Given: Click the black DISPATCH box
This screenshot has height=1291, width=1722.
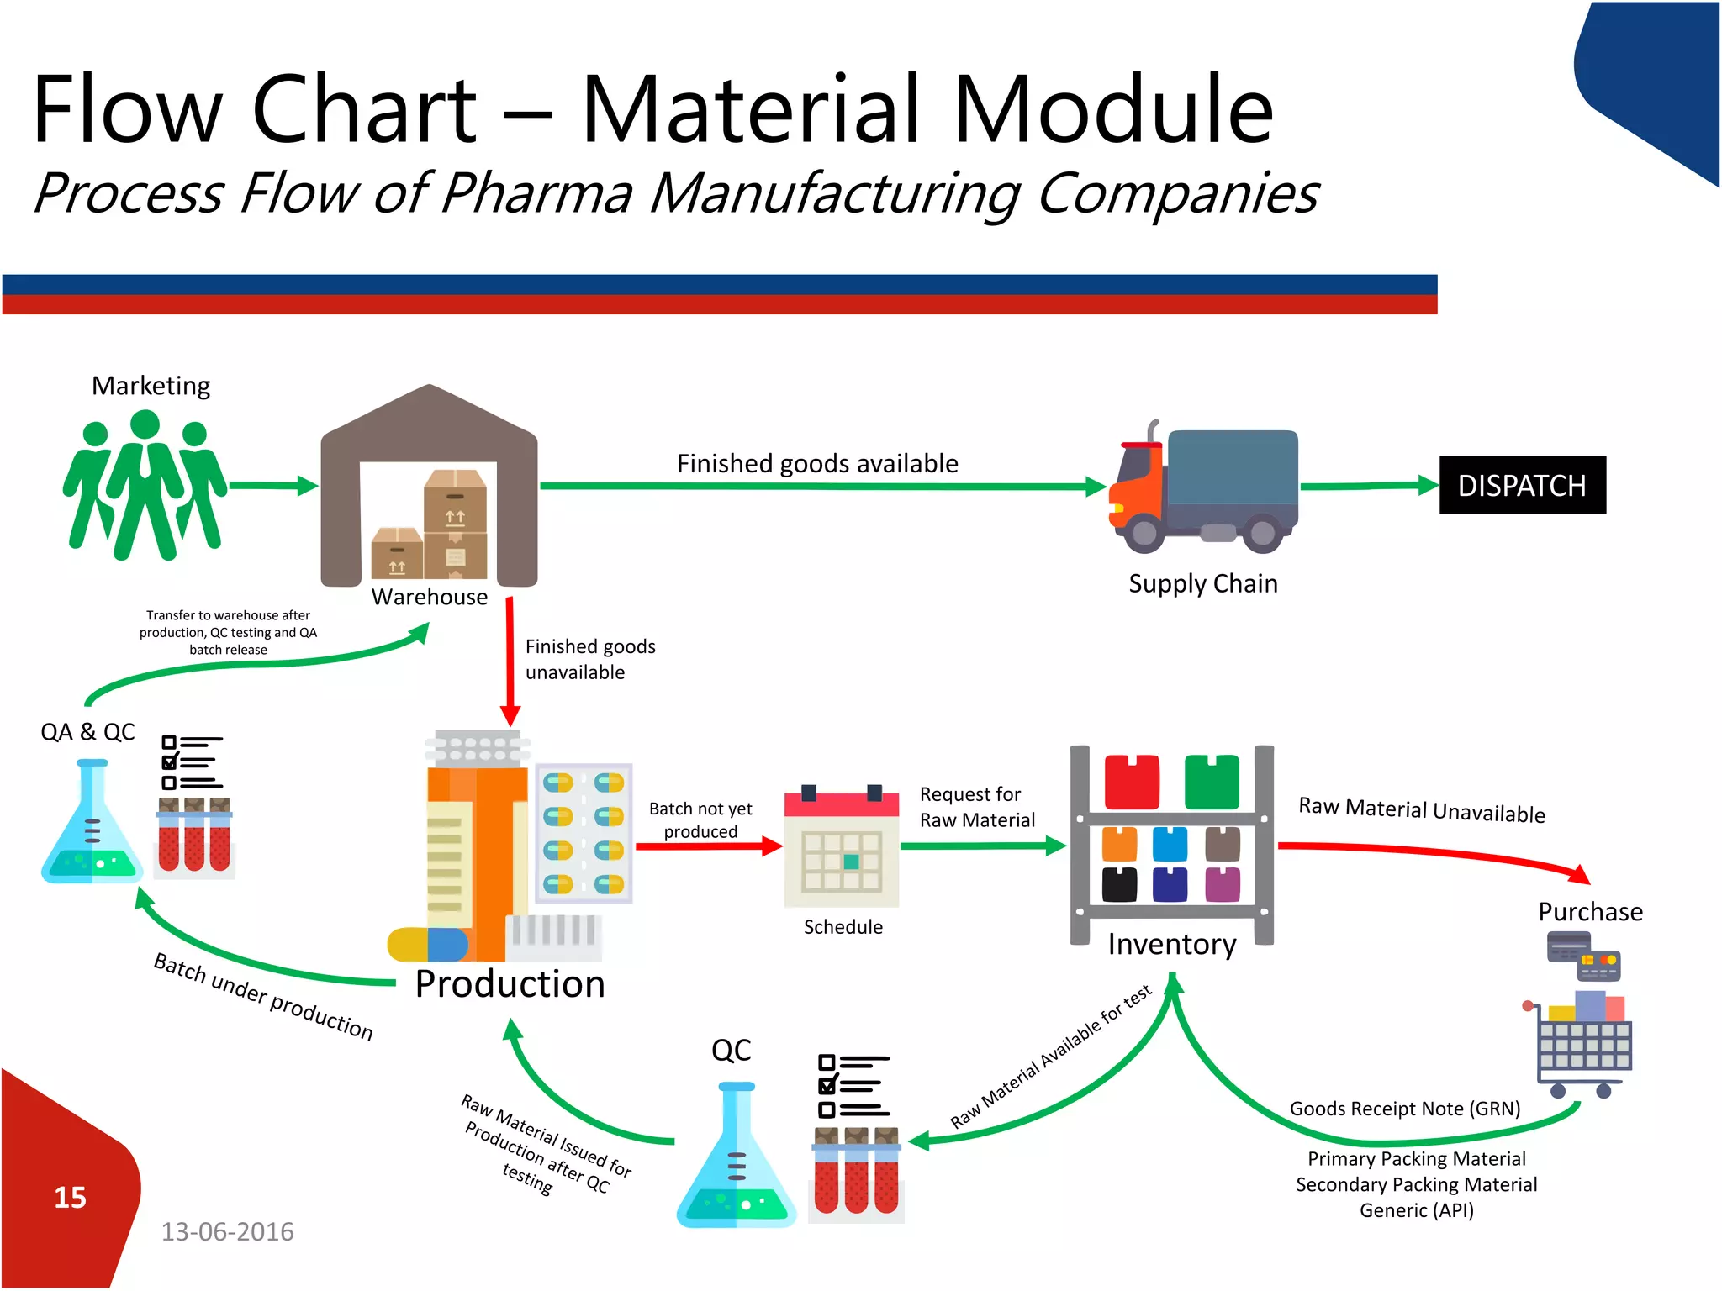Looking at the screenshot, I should coord(1522,485).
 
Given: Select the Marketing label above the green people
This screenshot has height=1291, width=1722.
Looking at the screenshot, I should coord(151,386).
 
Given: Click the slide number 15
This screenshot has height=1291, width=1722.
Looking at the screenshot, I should coord(70,1197).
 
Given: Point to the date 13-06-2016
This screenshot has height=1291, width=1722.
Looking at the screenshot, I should coord(227,1231).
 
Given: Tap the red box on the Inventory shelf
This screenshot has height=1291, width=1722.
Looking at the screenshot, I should coord(1132,782).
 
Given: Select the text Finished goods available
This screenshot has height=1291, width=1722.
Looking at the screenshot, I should coord(817,463).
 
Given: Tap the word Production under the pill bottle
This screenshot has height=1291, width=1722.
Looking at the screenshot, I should coord(510,983).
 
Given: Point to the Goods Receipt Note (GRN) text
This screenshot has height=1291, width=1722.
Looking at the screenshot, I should coord(1405,1109).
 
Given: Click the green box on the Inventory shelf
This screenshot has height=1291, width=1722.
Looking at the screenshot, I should coord(1212,782).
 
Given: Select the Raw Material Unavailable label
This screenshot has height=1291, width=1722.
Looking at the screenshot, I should coord(1421,810).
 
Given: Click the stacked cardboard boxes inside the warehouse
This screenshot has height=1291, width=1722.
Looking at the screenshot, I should coord(430,526).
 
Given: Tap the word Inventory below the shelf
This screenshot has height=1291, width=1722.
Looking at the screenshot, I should coord(1171,944).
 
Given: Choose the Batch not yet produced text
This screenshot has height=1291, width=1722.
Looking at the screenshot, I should coord(700,819).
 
